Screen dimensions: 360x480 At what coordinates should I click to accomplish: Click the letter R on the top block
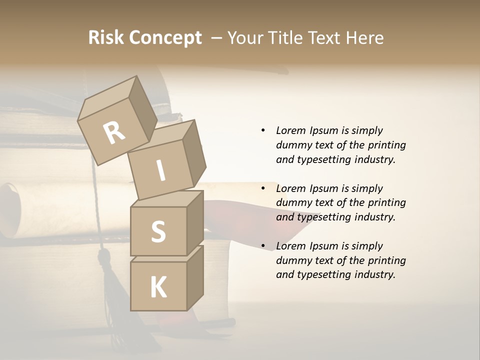(x=114, y=133)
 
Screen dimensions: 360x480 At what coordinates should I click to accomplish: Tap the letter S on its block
(x=158, y=231)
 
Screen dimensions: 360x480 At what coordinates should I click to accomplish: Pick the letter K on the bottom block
(x=158, y=287)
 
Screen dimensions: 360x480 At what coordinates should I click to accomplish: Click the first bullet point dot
(x=263, y=131)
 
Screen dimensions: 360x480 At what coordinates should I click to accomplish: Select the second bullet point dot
(x=263, y=189)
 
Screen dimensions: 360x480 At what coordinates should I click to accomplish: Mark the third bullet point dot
(x=263, y=246)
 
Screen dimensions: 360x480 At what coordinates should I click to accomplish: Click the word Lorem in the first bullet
(x=291, y=131)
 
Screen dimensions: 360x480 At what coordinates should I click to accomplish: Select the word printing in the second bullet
(x=387, y=203)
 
